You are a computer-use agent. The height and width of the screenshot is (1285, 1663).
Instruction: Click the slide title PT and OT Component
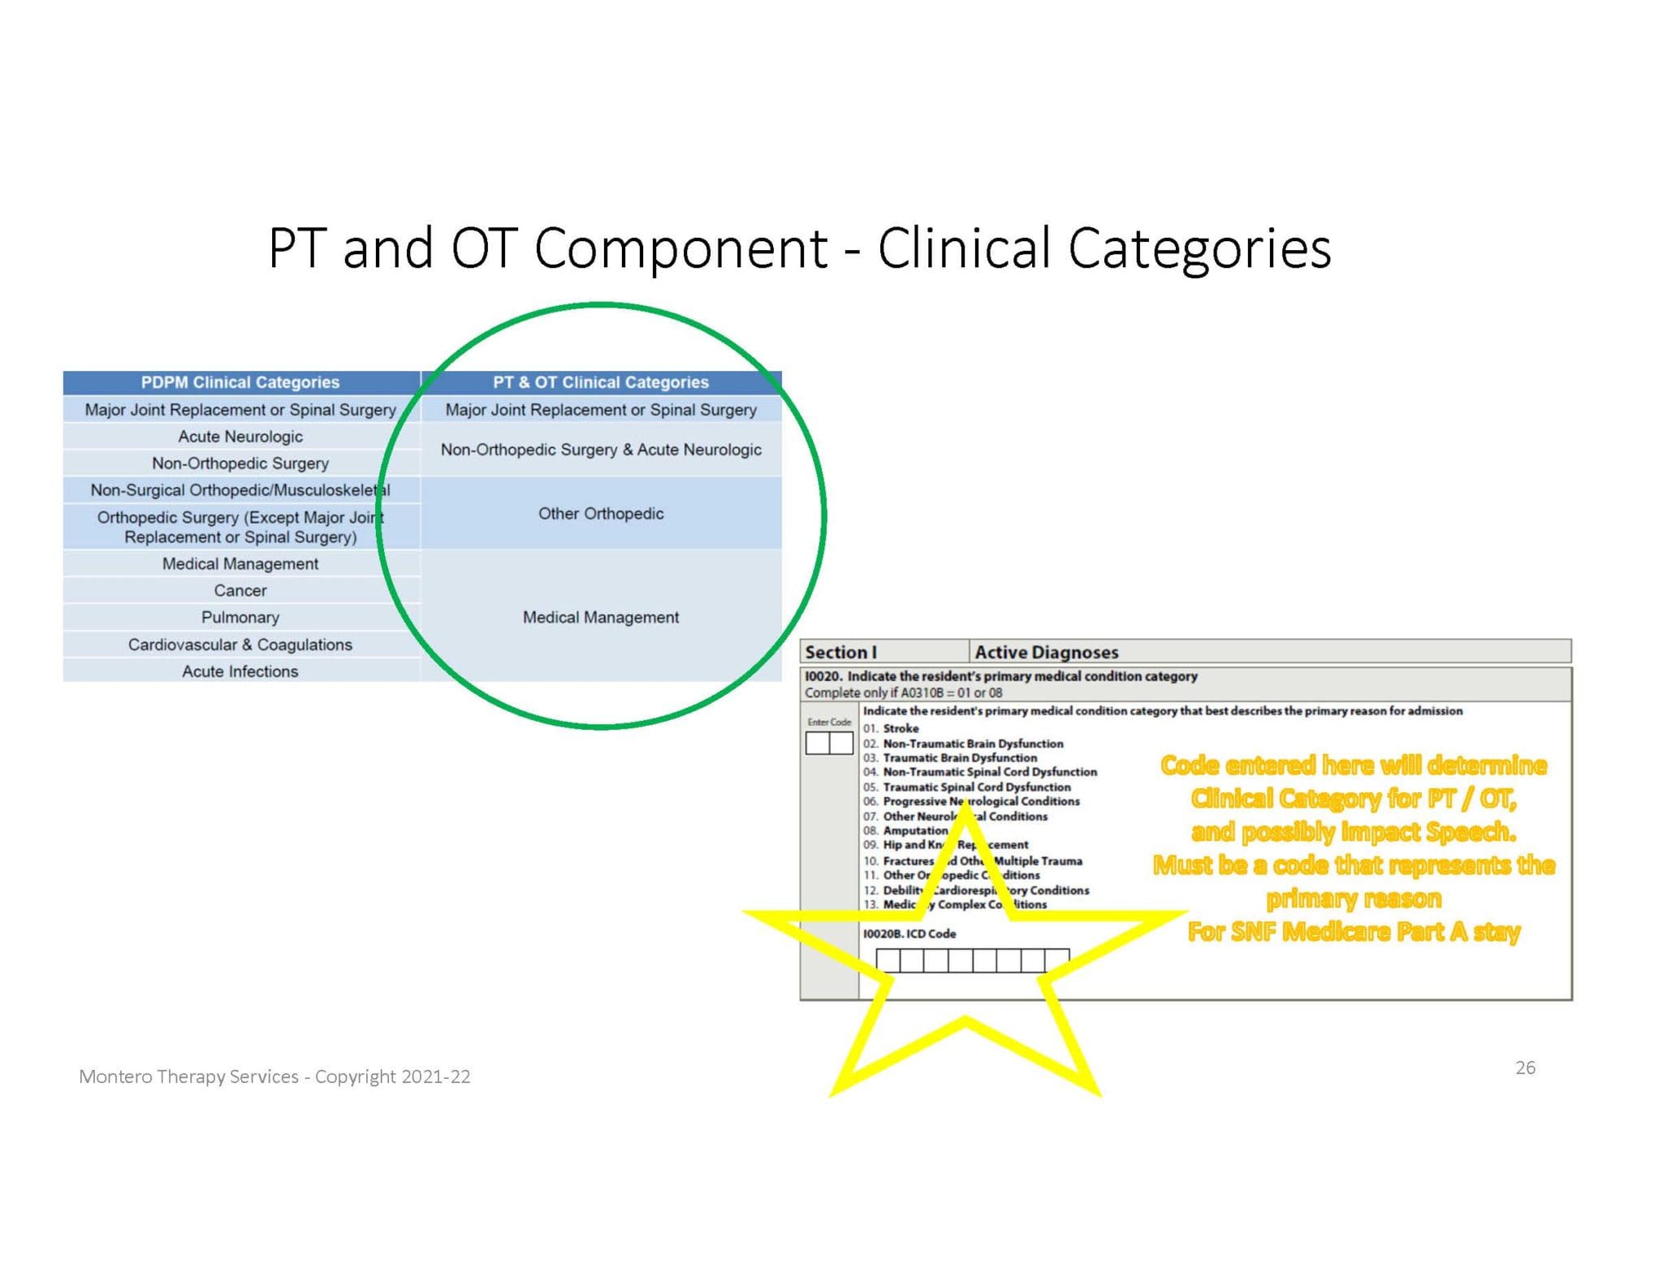tap(799, 248)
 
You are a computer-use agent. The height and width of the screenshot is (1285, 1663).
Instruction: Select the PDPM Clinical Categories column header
tap(240, 382)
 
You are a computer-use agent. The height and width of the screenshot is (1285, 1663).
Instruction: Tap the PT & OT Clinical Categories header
tap(601, 382)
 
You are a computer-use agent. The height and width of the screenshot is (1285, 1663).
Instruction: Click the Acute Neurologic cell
tap(240, 437)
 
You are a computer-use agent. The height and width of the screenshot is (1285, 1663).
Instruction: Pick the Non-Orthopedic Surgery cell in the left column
tap(240, 464)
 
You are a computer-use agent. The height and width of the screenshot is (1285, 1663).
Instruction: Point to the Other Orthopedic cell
tap(601, 514)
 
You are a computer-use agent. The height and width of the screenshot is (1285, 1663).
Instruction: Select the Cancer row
tap(240, 591)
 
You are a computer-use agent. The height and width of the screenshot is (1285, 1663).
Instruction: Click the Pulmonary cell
tap(240, 618)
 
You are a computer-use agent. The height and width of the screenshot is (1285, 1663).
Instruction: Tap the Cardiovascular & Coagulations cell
tap(240, 645)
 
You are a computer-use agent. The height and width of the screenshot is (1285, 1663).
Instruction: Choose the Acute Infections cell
tap(240, 671)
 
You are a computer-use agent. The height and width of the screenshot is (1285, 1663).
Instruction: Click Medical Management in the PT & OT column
tap(601, 618)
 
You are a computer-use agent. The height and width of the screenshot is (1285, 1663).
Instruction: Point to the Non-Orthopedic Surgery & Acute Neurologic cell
tap(601, 450)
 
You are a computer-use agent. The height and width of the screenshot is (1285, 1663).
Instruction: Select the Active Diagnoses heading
tap(1046, 653)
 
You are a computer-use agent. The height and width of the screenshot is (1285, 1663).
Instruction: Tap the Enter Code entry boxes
tap(829, 743)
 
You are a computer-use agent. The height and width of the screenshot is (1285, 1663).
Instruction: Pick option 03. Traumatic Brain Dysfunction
tap(950, 758)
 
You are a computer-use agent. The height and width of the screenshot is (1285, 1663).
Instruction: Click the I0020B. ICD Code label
tap(909, 934)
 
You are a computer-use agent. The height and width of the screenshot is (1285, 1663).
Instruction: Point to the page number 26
tap(1525, 1067)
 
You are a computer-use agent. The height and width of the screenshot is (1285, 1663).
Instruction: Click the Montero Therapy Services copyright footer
tap(274, 1077)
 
